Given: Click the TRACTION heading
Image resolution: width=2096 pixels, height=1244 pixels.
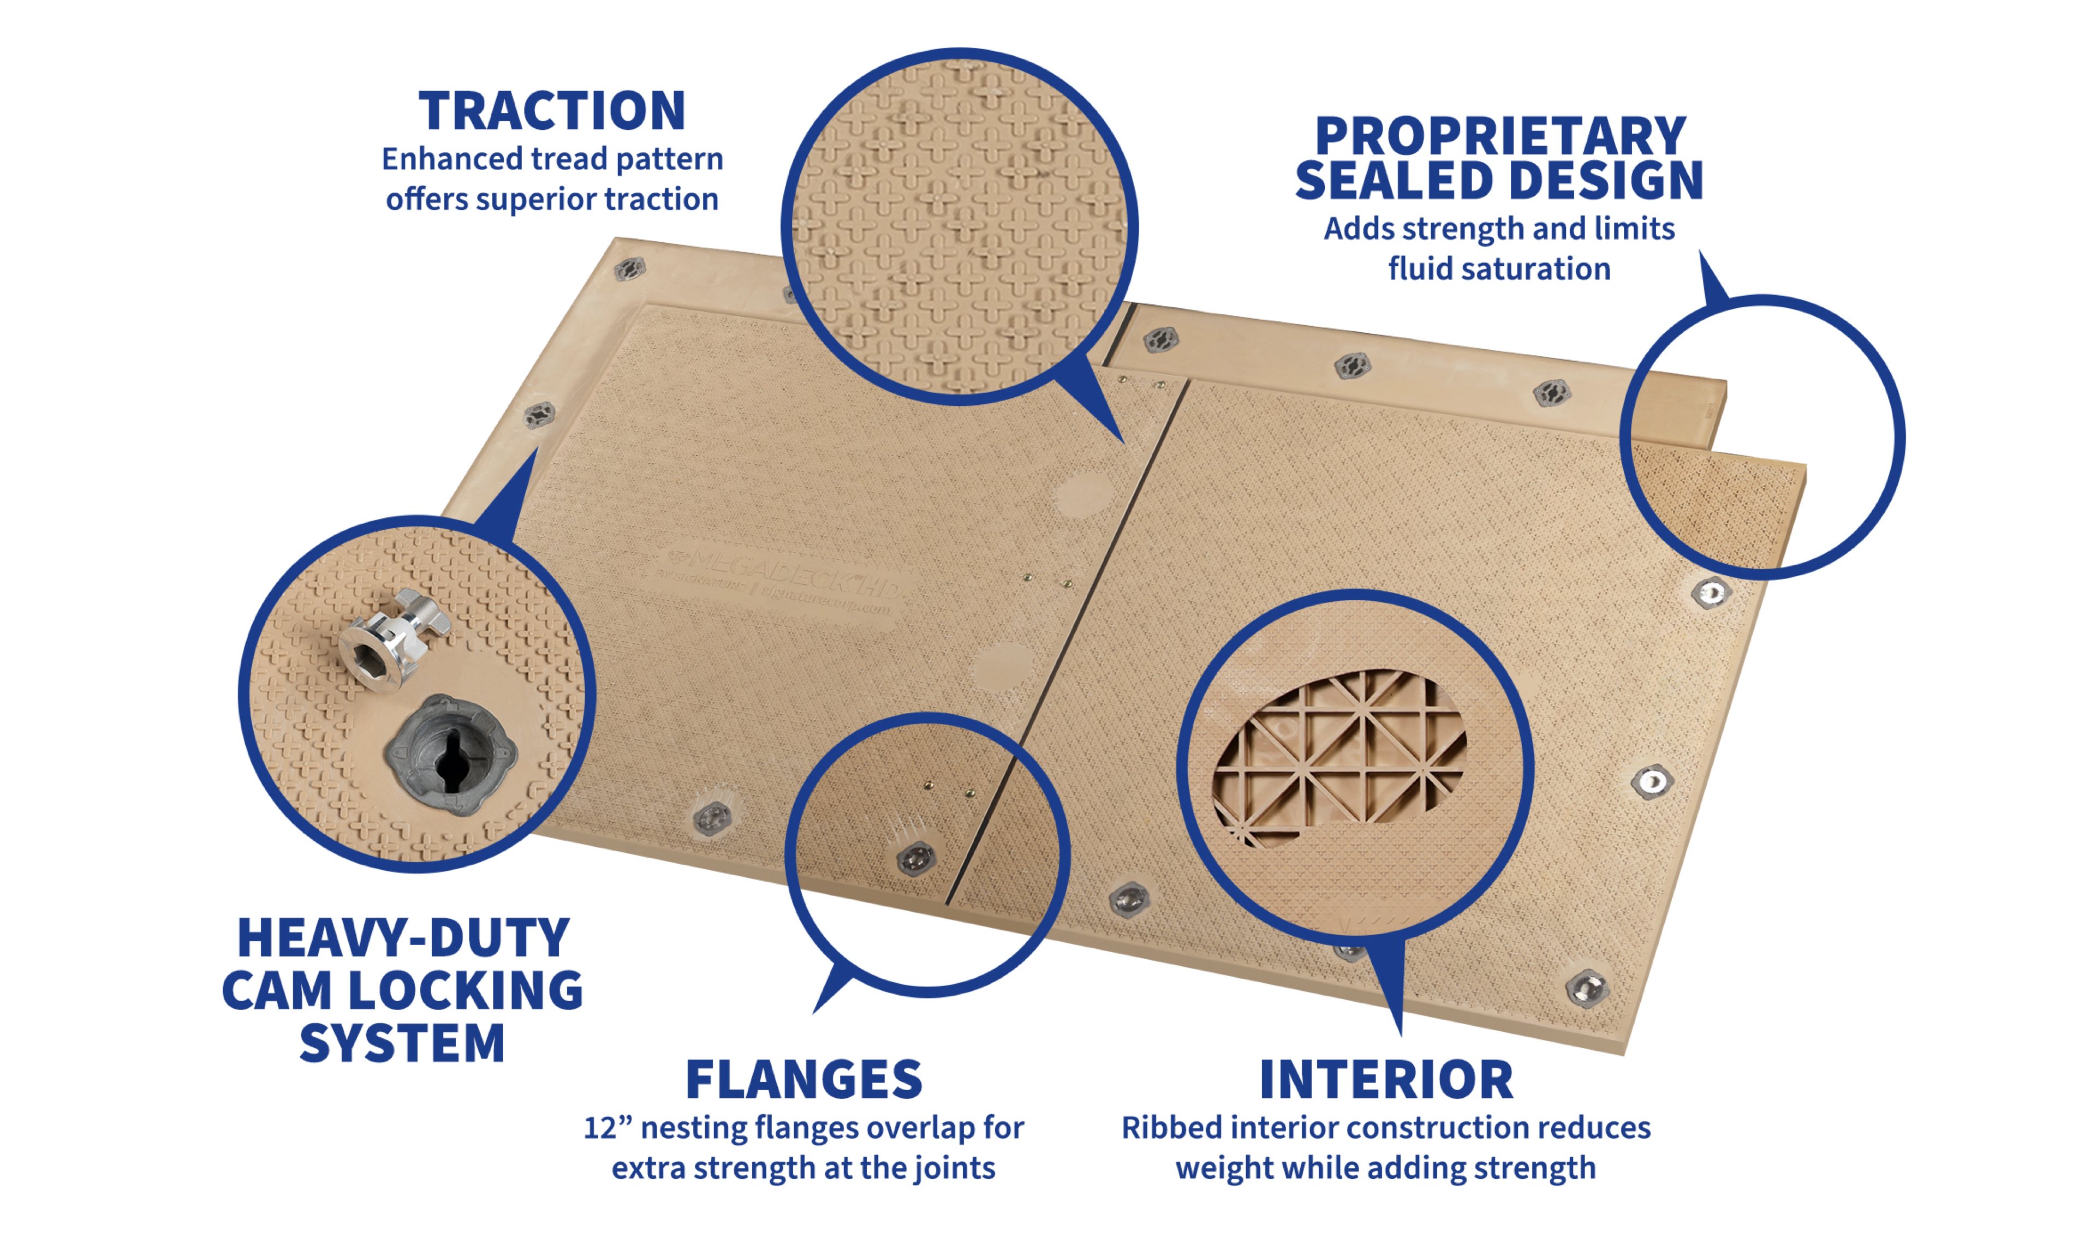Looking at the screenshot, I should click(552, 111).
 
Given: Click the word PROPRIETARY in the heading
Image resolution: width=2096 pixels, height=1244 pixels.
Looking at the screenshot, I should click(1500, 136).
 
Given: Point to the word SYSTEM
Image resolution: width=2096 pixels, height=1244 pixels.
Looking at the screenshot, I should click(402, 1044).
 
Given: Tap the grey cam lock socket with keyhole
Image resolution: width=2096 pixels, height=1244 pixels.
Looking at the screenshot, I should click(451, 755).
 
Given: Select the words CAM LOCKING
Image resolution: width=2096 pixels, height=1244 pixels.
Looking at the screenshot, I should click(402, 991).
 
